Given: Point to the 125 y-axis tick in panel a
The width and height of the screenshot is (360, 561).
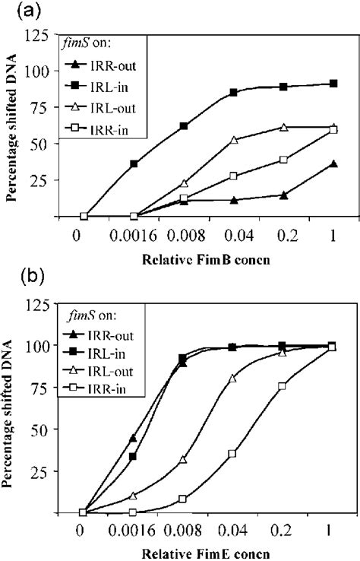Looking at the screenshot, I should (50, 34).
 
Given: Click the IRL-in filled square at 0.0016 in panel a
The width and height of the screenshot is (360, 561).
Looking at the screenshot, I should (134, 163).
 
